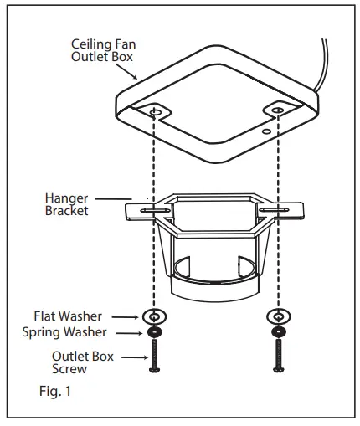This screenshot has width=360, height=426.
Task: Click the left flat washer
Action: pos(153,316)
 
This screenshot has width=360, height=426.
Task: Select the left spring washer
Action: pos(153,333)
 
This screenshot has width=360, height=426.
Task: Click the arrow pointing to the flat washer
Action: pos(126,316)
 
